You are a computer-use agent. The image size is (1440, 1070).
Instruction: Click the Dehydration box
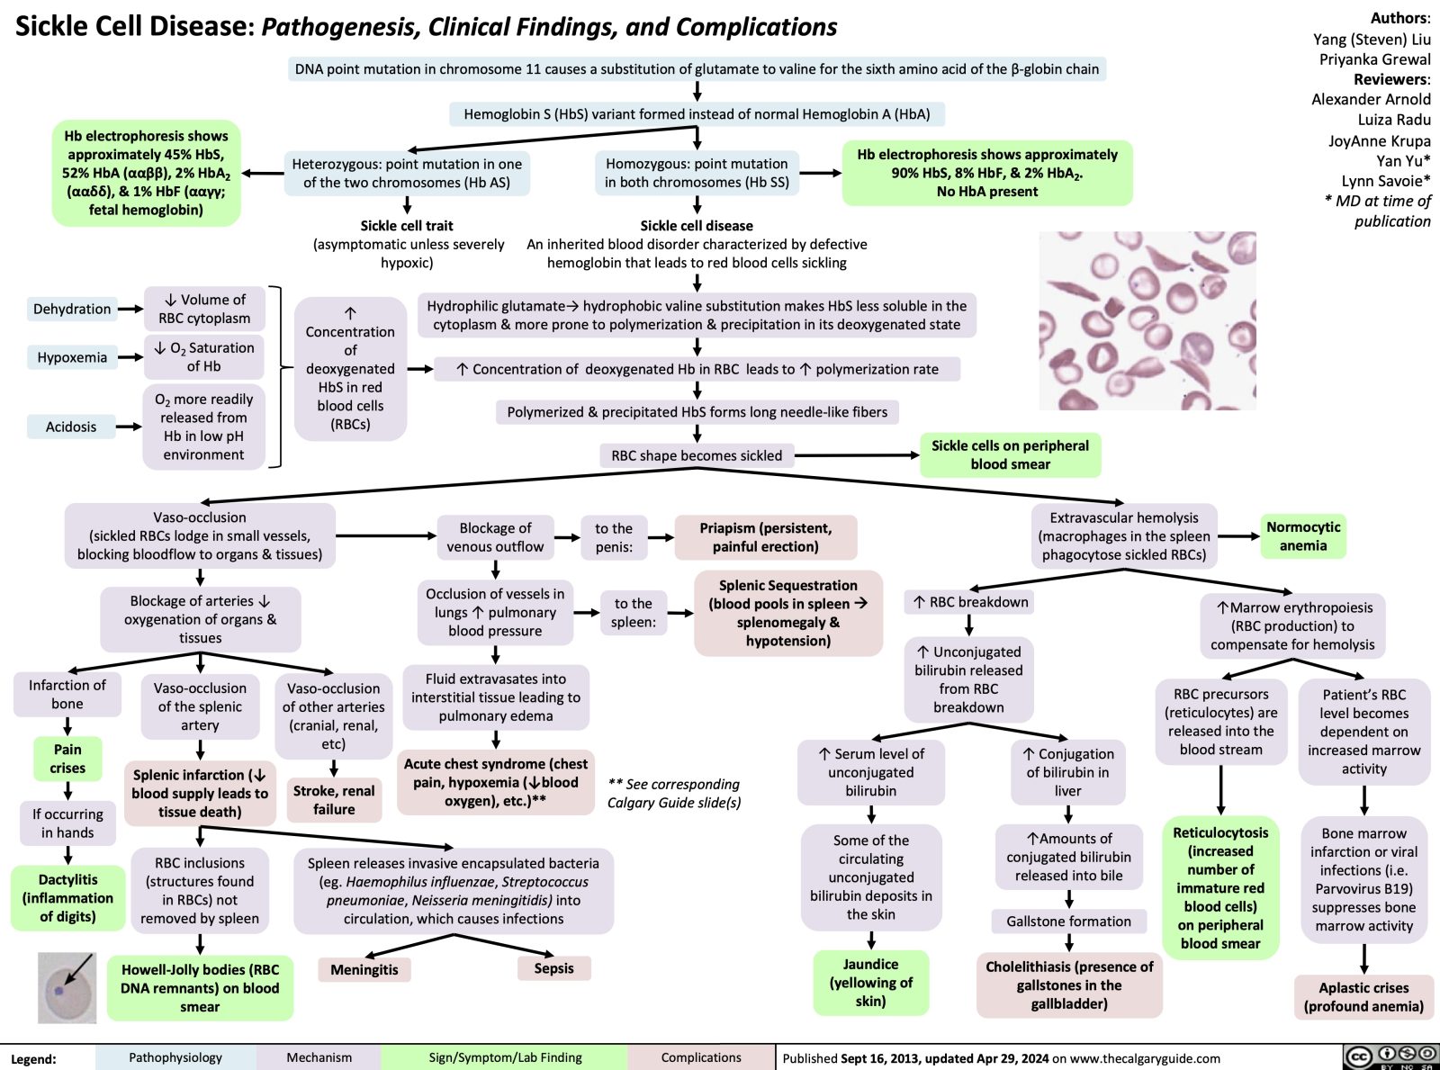point(72,309)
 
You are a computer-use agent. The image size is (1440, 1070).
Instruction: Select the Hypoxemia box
point(72,357)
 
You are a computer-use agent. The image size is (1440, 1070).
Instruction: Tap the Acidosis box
point(71,427)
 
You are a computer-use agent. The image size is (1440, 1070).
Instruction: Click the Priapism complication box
point(765,537)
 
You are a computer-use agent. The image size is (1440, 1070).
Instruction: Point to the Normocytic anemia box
point(1302,536)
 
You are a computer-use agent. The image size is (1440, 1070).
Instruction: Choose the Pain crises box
point(67,758)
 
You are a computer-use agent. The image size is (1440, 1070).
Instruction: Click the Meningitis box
point(364,969)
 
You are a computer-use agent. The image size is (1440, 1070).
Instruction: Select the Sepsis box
point(553,968)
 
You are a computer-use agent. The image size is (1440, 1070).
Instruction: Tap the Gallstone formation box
point(1068,922)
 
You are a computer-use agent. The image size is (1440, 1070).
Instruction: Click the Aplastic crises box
point(1363,997)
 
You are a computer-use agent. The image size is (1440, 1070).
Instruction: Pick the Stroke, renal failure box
point(334,800)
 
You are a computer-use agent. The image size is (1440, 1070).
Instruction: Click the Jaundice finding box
point(870,983)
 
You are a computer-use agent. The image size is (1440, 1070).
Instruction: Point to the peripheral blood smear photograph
point(1147,321)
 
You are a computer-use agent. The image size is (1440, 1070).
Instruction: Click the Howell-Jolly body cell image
point(67,988)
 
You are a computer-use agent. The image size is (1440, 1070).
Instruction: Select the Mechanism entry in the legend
point(319,1057)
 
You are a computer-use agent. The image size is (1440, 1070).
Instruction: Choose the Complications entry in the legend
point(701,1057)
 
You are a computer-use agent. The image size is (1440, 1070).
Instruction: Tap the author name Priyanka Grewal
point(1374,59)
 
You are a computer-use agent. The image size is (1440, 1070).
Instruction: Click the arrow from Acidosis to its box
point(130,427)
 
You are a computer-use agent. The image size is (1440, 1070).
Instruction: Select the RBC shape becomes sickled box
point(697,455)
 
